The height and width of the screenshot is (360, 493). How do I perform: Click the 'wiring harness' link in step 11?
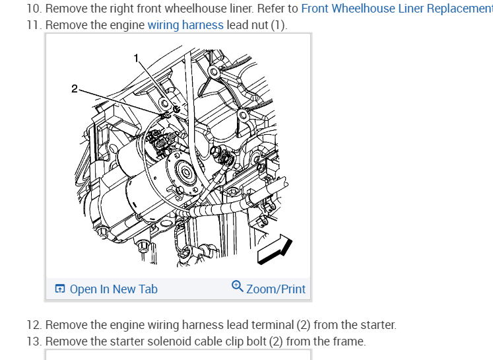[x=185, y=25]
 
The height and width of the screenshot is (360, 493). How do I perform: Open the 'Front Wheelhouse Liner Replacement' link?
[x=396, y=9]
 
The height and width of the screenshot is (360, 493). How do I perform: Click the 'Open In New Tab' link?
[x=113, y=289]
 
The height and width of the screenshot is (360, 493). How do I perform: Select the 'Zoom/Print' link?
[x=275, y=289]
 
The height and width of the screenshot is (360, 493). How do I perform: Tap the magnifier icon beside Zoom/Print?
[x=238, y=287]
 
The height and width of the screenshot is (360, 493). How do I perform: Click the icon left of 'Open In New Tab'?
[x=60, y=289]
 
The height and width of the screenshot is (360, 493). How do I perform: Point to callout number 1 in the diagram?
[x=137, y=58]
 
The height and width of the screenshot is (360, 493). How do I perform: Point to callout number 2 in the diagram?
[x=75, y=89]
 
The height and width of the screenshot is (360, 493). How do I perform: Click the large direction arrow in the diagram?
[x=275, y=249]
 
